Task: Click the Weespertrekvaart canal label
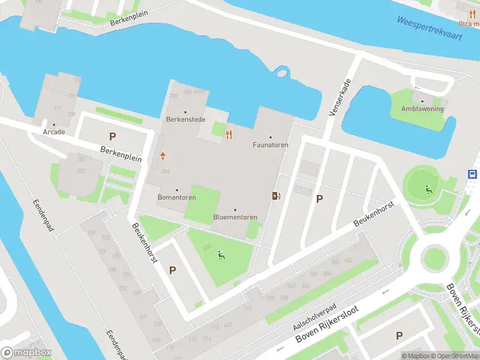[x=429, y=28]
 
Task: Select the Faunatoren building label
[x=270, y=145]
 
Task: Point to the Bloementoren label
[x=235, y=217]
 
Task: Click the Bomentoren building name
[x=176, y=197]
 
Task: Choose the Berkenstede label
[x=185, y=119]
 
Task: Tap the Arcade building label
[x=53, y=131]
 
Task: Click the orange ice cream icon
[x=163, y=157]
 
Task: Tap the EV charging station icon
[x=275, y=196]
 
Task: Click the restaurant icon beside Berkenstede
[x=229, y=134]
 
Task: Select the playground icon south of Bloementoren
[x=221, y=256]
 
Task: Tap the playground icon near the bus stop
[x=428, y=190]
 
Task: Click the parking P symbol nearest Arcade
[x=112, y=137]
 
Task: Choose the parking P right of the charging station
[x=319, y=199]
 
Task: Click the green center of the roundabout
[x=433, y=258]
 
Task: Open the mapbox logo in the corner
[x=26, y=353]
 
